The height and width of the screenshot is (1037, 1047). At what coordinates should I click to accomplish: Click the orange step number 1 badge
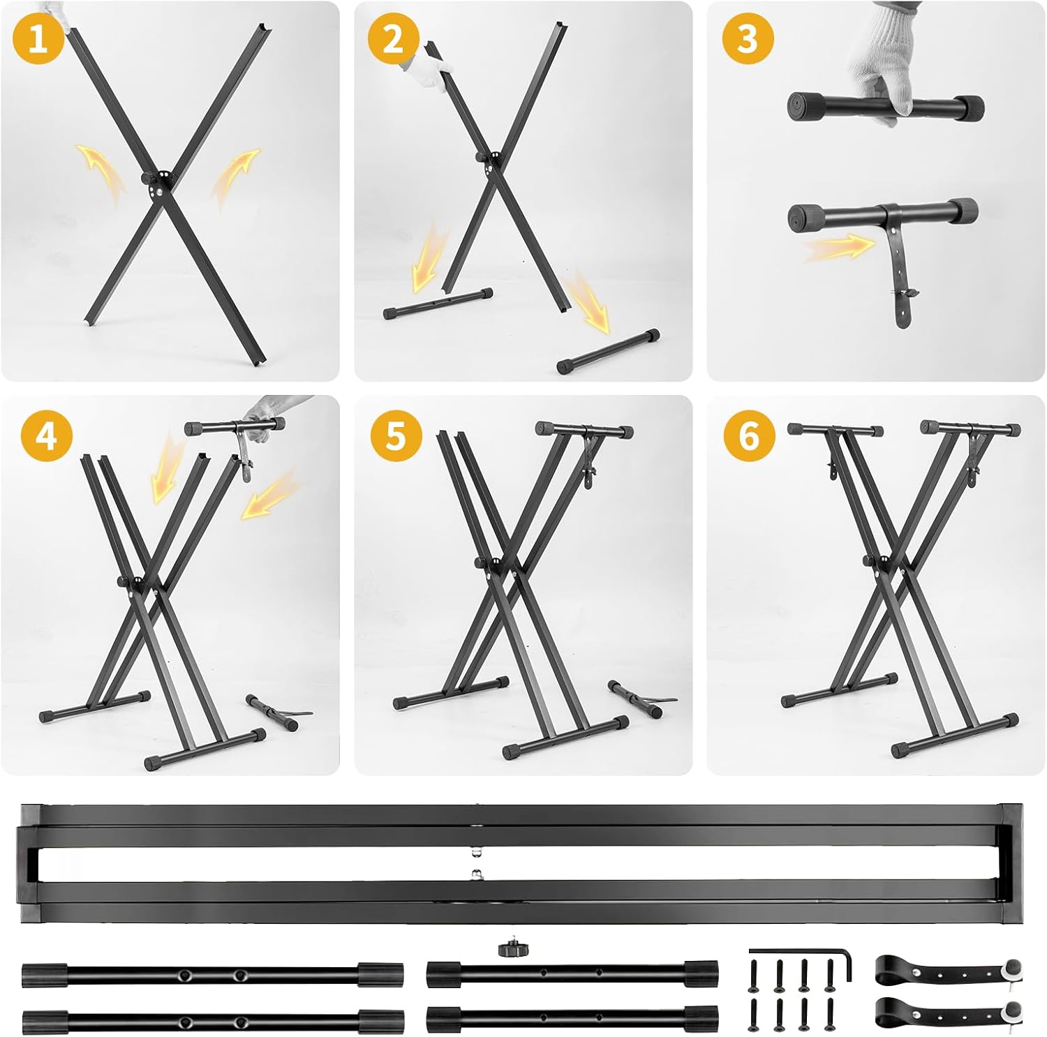coord(38,38)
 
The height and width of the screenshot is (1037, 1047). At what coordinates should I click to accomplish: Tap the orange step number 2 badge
coord(393,38)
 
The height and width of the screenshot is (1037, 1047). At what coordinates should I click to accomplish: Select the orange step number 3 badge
coord(748,38)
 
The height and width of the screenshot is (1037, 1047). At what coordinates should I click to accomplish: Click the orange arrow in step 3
coord(838,248)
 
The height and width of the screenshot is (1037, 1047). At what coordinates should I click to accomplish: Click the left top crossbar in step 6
coord(835,430)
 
